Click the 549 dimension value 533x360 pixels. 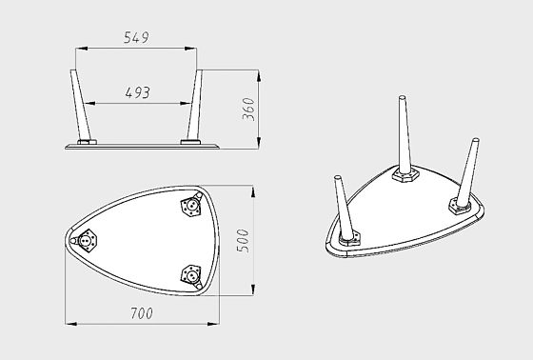136,37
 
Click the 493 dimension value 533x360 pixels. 137,92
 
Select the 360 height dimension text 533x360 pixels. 248,110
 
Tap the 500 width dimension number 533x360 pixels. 243,241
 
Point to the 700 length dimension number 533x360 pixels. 142,313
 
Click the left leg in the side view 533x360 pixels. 81,105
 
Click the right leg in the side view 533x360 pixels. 195,105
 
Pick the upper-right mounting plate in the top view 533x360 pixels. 191,206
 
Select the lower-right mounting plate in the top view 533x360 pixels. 191,274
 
